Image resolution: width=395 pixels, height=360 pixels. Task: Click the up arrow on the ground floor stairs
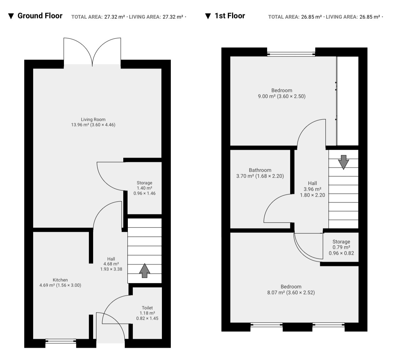click(x=145, y=270)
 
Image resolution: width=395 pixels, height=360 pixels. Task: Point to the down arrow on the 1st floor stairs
click(x=344, y=162)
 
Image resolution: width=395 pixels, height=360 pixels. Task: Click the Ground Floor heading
click(x=40, y=16)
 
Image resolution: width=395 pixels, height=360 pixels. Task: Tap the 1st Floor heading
click(x=230, y=16)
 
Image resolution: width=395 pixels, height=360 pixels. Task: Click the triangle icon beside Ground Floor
click(x=11, y=16)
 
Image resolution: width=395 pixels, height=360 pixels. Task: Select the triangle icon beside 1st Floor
click(x=208, y=16)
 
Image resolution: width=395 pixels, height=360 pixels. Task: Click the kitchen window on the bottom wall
click(x=61, y=341)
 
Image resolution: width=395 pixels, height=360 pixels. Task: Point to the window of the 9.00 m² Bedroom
click(x=291, y=54)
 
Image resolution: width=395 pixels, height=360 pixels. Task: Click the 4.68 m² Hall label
click(x=111, y=264)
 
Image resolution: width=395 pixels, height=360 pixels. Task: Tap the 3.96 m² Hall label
click(x=312, y=189)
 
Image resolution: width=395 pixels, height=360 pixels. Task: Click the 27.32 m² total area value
click(x=114, y=17)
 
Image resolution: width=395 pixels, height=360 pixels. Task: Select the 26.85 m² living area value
click(x=370, y=17)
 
